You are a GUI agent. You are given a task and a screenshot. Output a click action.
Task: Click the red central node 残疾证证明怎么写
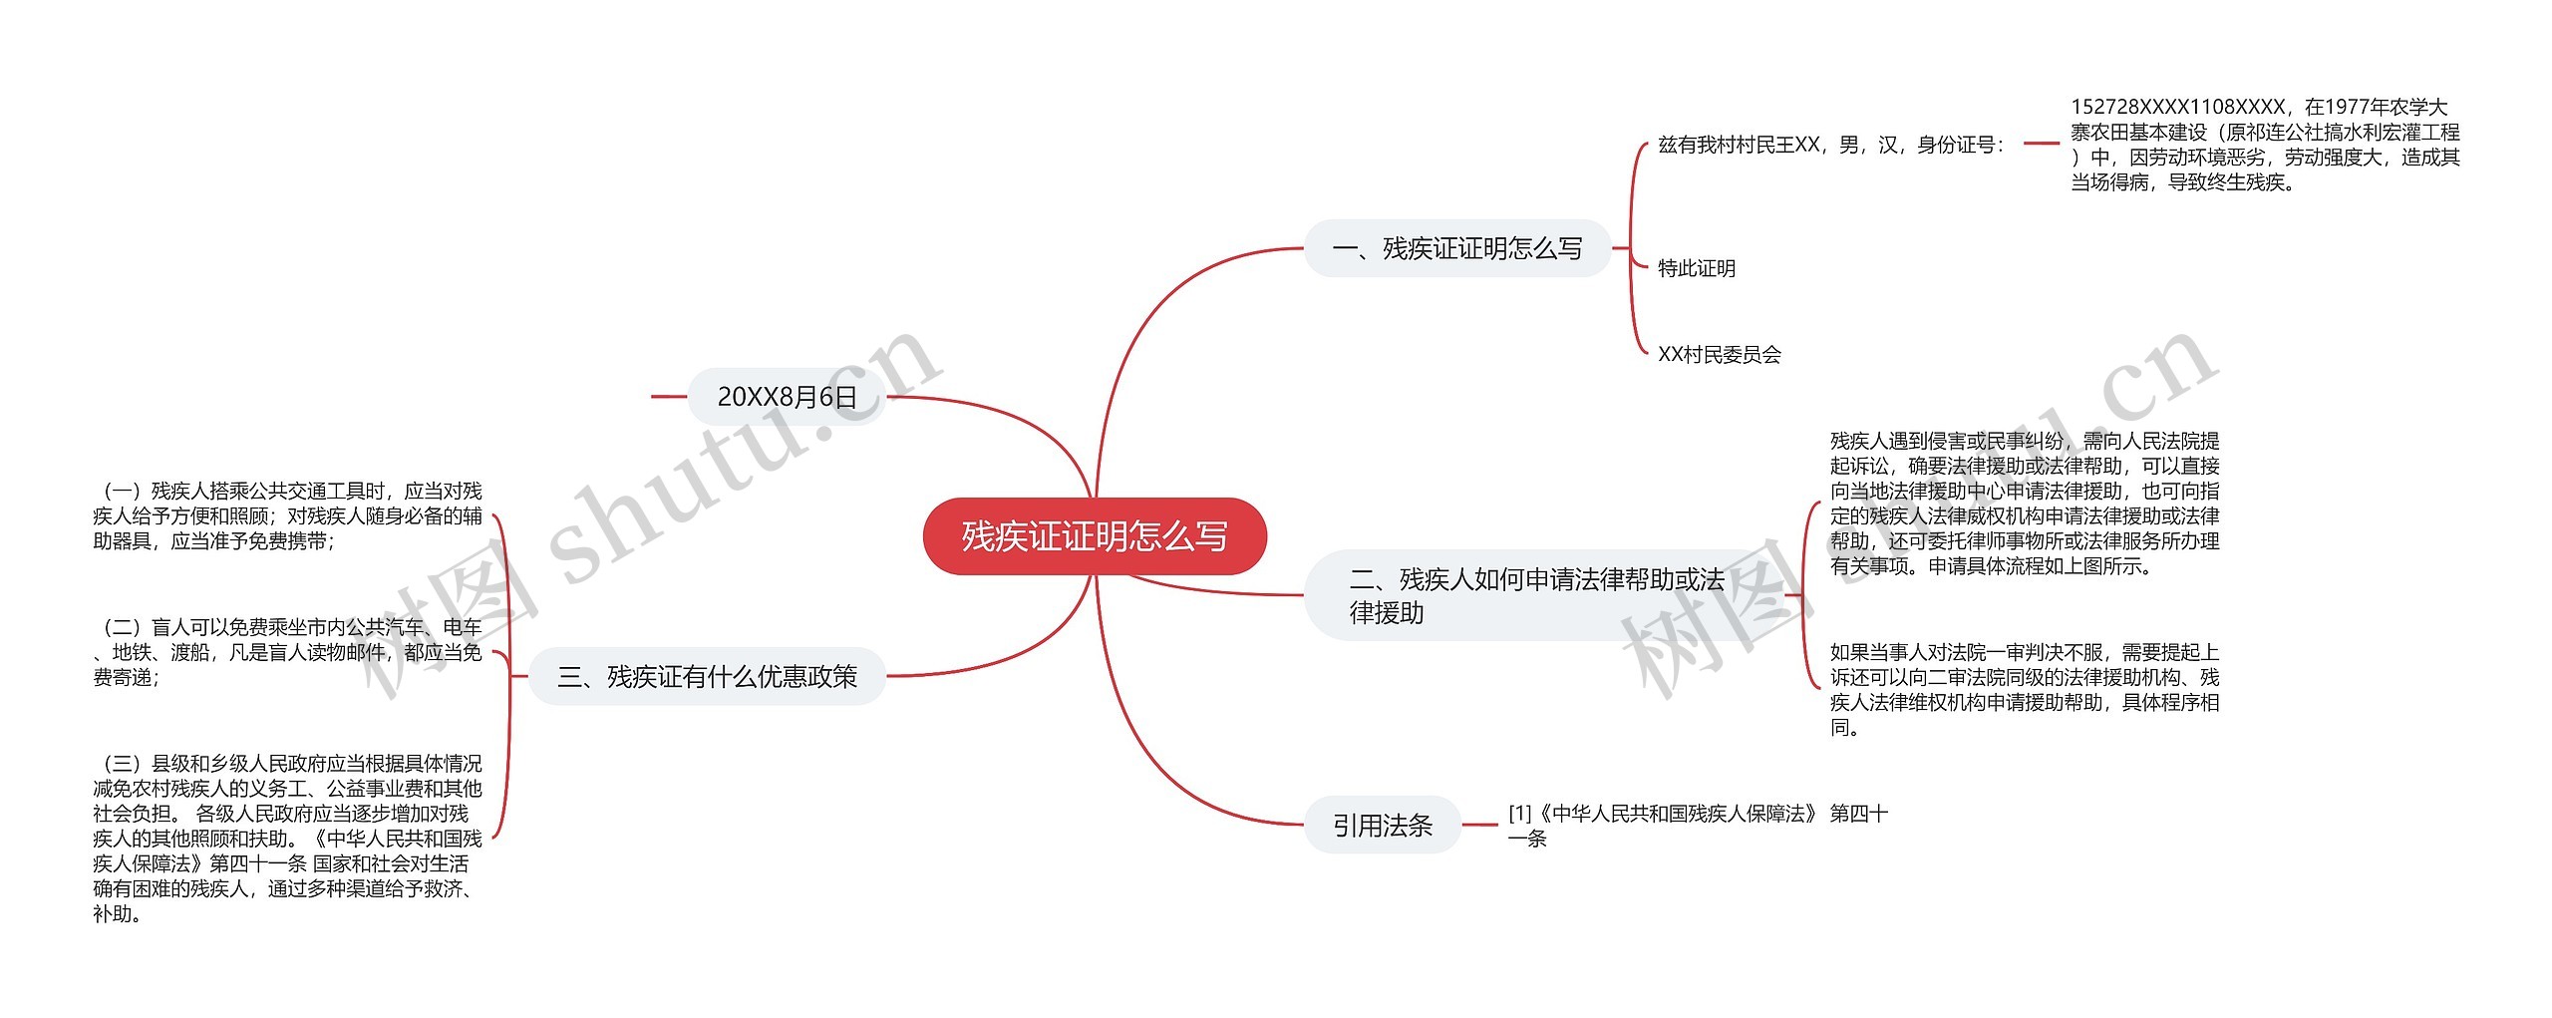[x=1095, y=536]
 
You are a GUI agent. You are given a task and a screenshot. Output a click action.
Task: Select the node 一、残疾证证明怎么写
[x=1456, y=248]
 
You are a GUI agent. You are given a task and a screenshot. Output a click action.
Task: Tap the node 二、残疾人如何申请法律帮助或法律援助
[x=1535, y=595]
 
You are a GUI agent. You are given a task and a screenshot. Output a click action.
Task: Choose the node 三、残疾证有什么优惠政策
[x=707, y=677]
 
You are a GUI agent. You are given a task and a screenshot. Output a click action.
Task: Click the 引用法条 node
[x=1382, y=825]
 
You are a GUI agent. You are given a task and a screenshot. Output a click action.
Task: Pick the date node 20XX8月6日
[x=787, y=397]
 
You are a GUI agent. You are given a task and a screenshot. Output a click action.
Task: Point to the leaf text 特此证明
[x=1696, y=268]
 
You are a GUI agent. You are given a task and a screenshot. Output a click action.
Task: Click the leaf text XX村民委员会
[x=1719, y=354]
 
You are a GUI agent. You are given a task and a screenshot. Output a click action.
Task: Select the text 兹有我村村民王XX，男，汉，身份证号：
[x=1831, y=145]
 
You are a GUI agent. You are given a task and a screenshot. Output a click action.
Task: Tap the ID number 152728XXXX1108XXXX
[x=2178, y=107]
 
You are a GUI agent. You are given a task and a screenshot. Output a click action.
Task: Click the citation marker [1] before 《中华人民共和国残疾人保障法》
[x=1519, y=814]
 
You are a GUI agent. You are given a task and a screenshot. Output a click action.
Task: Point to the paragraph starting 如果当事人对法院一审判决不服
[x=2024, y=689]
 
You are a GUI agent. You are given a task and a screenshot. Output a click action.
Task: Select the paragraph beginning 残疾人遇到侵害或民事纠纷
[x=2024, y=503]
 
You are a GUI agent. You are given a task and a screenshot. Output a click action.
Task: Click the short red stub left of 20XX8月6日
[x=668, y=397]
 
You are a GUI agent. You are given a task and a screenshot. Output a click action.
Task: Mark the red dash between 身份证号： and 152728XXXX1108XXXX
[x=2041, y=144]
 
